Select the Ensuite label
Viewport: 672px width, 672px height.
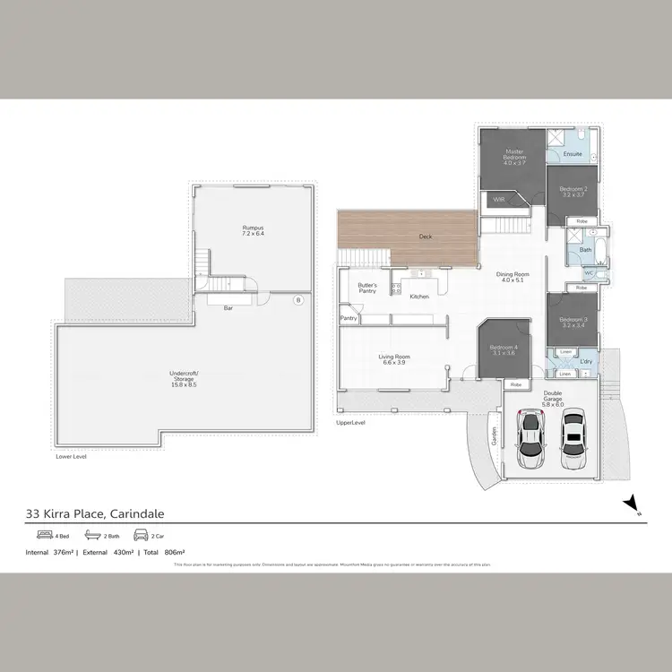573,154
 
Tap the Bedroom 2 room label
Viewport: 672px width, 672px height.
573,192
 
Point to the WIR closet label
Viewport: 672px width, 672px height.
499,200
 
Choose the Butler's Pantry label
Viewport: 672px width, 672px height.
367,288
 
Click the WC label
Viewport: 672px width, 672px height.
589,273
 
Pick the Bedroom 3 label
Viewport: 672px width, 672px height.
573,323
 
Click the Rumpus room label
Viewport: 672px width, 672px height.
254,228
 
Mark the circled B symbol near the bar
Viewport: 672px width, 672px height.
298,300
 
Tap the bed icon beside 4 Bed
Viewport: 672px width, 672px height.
37,535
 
